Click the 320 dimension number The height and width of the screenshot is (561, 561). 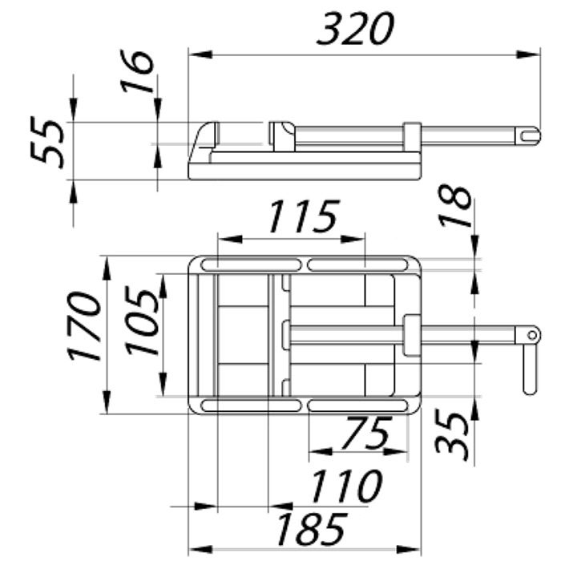(x=355, y=29)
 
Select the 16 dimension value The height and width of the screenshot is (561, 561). (x=137, y=71)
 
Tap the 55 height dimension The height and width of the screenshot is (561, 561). (x=48, y=143)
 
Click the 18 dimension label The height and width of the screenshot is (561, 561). (x=455, y=207)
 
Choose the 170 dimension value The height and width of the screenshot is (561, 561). (x=84, y=325)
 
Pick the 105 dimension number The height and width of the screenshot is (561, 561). (x=143, y=321)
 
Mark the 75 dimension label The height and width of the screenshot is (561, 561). (x=365, y=433)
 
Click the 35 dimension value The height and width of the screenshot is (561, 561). (x=452, y=436)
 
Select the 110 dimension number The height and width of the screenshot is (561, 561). (x=346, y=486)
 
